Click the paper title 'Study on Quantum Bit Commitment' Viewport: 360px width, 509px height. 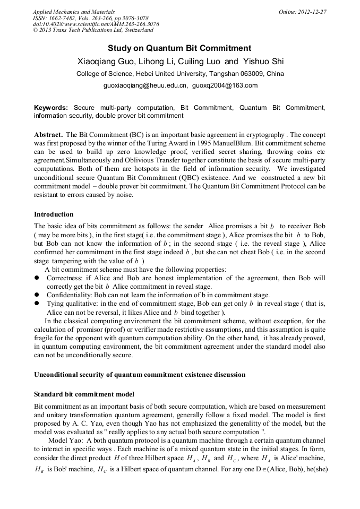[179, 48]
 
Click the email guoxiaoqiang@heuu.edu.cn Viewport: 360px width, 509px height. [145, 85]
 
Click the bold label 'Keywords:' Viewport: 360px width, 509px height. [51, 108]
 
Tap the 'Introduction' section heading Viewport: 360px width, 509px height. [54, 214]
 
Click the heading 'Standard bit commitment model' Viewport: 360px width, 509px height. [84, 394]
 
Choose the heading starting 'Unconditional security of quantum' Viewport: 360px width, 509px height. [140, 374]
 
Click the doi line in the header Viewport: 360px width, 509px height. [96, 24]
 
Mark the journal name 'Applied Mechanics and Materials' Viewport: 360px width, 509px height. [74, 12]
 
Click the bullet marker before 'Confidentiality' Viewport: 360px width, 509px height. [37, 295]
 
